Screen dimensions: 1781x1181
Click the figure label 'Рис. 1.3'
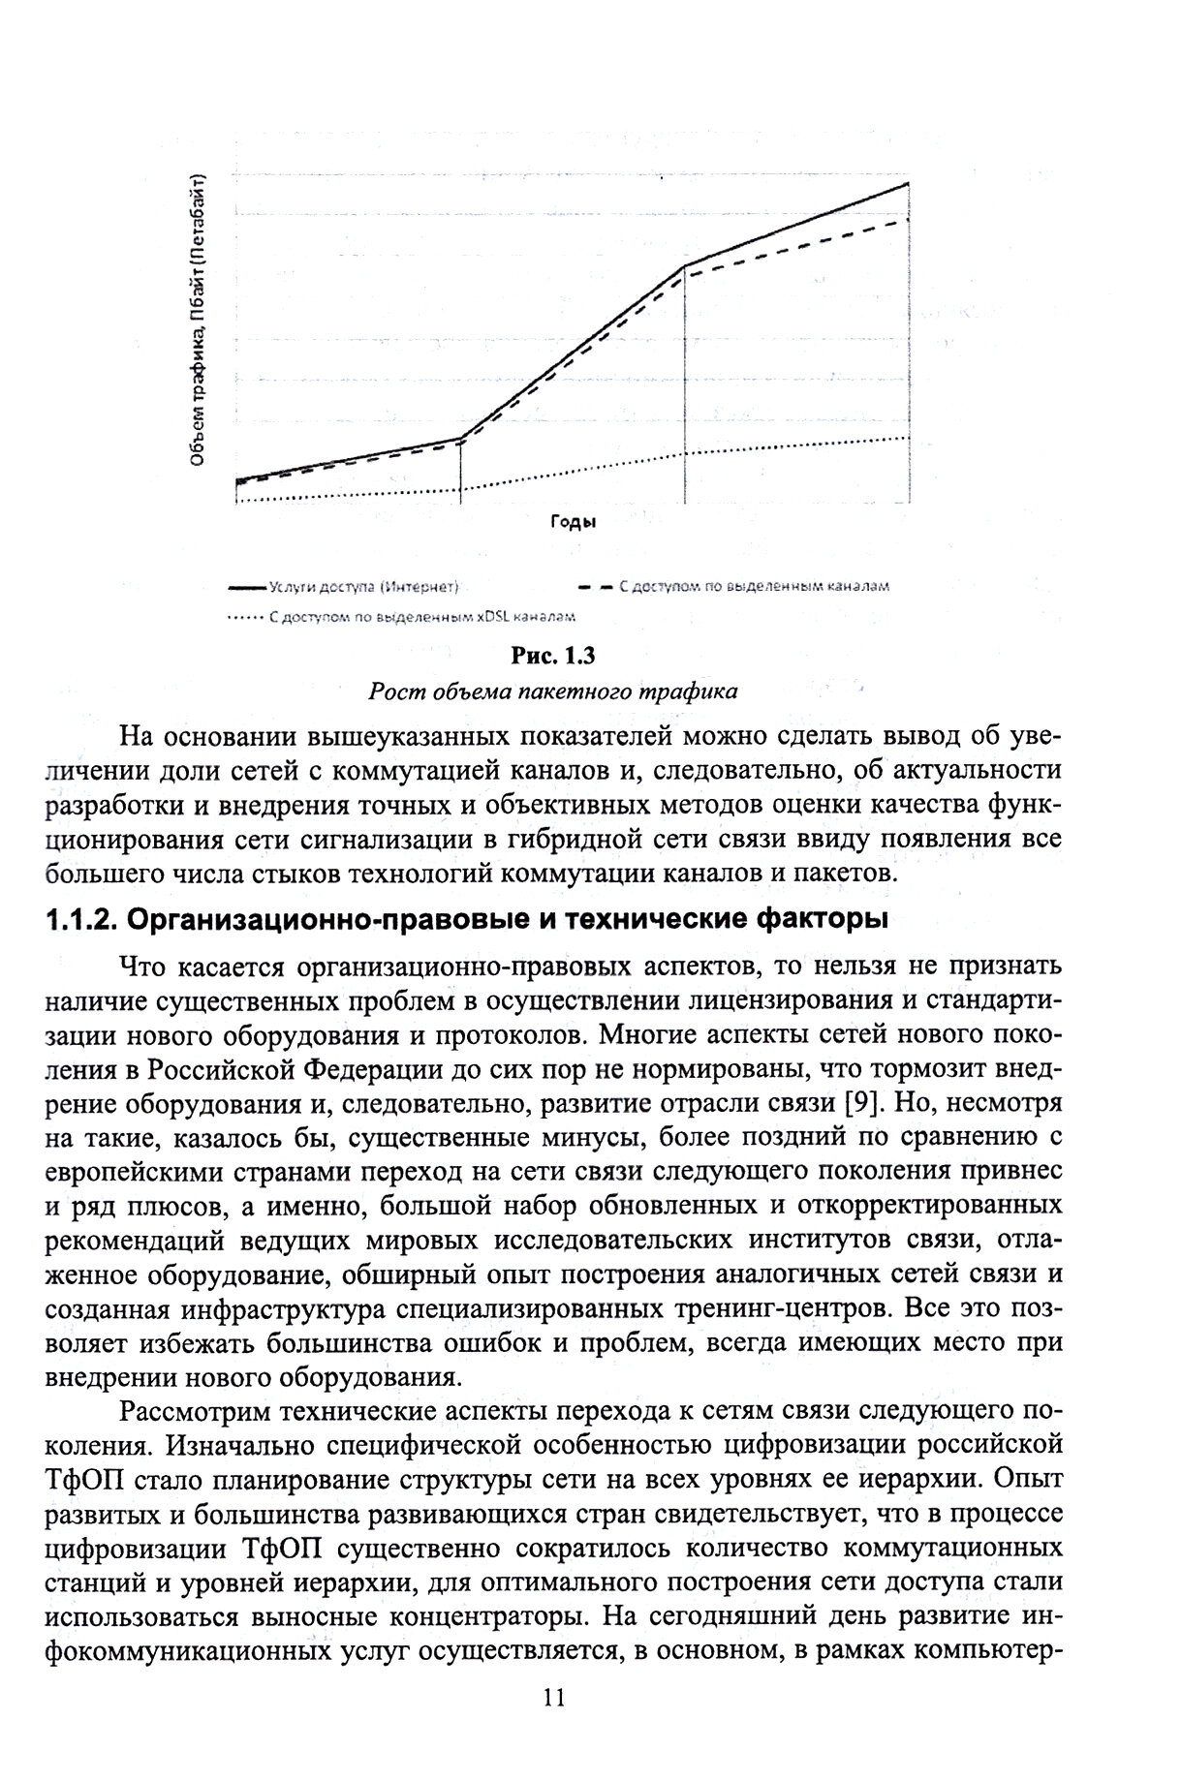(x=552, y=657)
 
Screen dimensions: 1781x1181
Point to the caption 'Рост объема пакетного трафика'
(x=552, y=691)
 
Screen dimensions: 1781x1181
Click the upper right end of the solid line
(x=908, y=183)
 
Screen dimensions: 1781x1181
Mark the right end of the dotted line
(x=908, y=438)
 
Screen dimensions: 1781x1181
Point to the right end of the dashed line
(x=908, y=220)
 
